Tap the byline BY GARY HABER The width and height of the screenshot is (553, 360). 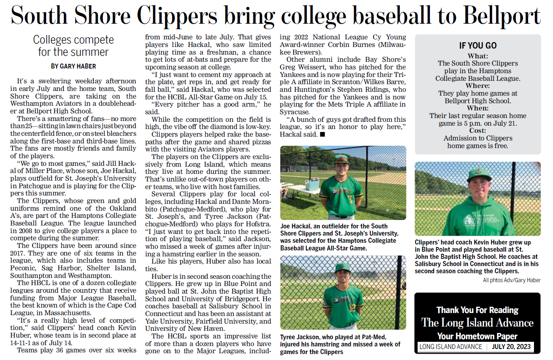(x=73, y=66)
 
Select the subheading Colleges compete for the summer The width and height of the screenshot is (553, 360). (x=73, y=46)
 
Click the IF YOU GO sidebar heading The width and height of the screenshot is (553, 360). (x=478, y=46)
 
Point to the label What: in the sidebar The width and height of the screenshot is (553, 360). (x=478, y=56)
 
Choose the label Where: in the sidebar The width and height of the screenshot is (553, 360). (x=478, y=86)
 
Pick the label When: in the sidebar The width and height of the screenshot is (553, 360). (x=478, y=108)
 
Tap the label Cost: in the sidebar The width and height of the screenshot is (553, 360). (x=478, y=131)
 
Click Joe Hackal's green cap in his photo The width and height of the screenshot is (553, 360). (x=341, y=159)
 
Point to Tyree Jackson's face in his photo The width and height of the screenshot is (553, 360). (x=342, y=276)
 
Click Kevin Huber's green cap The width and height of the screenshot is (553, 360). (x=479, y=173)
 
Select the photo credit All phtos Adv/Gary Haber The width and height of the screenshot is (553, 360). (x=512, y=280)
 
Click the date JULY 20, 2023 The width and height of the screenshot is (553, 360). (x=511, y=347)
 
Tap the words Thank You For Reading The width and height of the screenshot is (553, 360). (x=477, y=310)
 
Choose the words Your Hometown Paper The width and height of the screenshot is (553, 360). (x=477, y=337)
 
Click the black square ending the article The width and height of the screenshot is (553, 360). (x=322, y=135)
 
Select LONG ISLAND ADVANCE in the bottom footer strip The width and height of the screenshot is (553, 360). (x=451, y=347)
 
